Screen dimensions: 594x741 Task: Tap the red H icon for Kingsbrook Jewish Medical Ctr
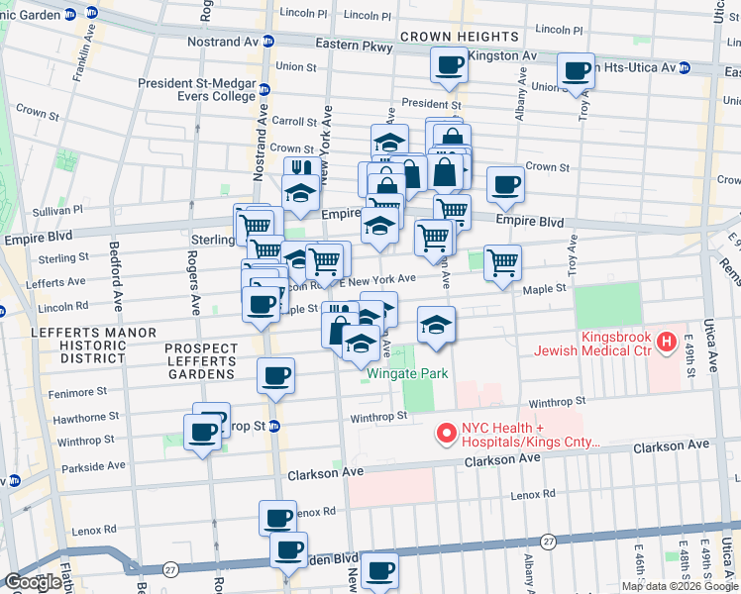[668, 343]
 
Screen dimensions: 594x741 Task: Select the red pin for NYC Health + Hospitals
[446, 434]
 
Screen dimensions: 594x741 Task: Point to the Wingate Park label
[407, 373]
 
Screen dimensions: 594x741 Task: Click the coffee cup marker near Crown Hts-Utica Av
[576, 70]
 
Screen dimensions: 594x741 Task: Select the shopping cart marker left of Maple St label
[502, 263]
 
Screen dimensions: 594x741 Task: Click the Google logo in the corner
[34, 582]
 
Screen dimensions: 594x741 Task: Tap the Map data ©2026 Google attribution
[680, 586]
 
